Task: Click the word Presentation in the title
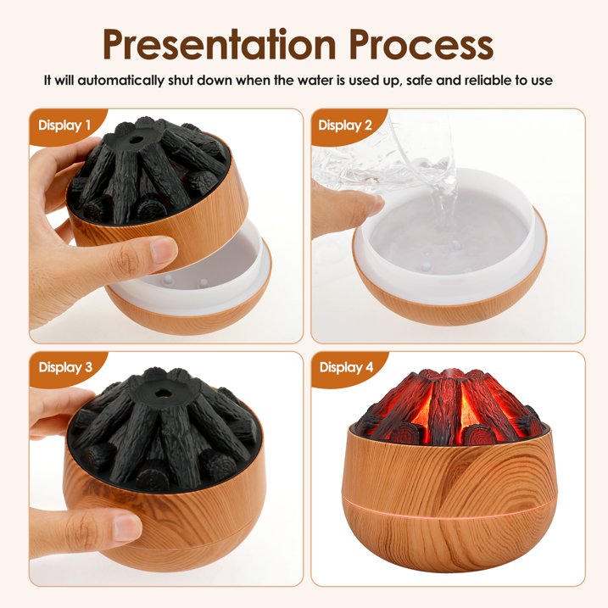pyautogui.click(x=219, y=44)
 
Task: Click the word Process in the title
pyautogui.click(x=421, y=45)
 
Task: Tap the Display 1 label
pyautogui.click(x=64, y=126)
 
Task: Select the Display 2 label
pyautogui.click(x=345, y=126)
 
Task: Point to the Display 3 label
pyautogui.click(x=65, y=367)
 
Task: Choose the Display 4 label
pyautogui.click(x=346, y=367)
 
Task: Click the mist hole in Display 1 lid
pyautogui.click(x=136, y=140)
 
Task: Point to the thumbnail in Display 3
pyautogui.click(x=127, y=527)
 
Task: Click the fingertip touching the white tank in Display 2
pyautogui.click(x=372, y=204)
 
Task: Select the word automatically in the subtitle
pyautogui.click(x=121, y=81)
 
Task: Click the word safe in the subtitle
pyautogui.click(x=419, y=81)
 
